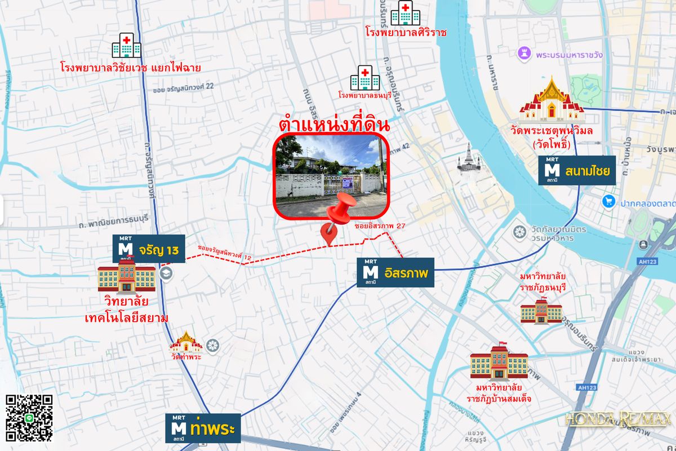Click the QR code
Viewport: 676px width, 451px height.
pos(29,418)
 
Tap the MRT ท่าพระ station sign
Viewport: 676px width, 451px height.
pos(203,428)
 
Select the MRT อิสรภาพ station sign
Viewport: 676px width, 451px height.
pos(395,273)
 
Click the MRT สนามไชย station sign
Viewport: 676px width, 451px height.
pos(577,170)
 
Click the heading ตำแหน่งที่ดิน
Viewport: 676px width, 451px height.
pos(335,123)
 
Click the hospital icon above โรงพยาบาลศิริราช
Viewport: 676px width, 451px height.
pos(405,14)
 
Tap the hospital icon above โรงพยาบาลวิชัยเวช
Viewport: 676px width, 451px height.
pos(126,46)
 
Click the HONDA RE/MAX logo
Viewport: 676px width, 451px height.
pos(619,419)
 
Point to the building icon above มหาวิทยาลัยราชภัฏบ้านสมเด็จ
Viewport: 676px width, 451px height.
pos(499,361)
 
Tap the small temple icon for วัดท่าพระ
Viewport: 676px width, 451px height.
pos(186,341)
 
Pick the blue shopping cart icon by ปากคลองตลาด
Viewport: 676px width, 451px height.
pos(608,201)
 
